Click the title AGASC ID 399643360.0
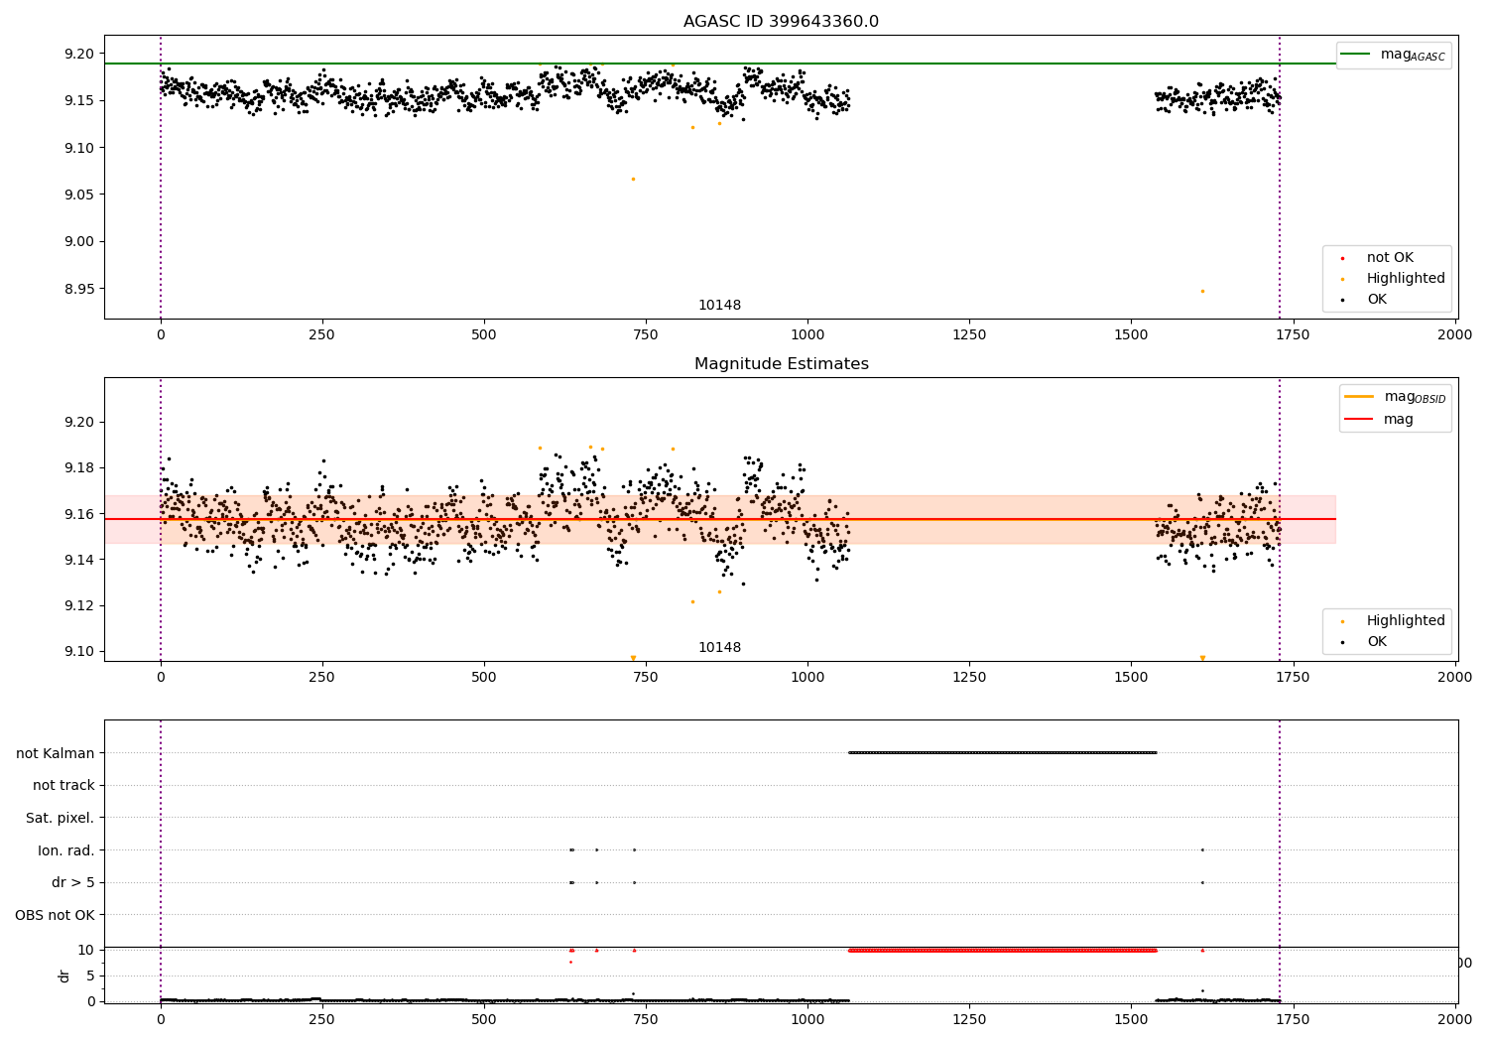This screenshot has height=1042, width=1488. [781, 22]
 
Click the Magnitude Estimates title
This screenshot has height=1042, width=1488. [781, 364]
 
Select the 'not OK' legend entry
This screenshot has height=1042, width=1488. [1389, 258]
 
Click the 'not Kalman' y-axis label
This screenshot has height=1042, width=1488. [55, 753]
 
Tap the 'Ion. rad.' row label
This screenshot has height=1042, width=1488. [65, 850]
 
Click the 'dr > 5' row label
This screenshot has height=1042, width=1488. [72, 882]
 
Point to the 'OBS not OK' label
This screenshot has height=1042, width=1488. [55, 915]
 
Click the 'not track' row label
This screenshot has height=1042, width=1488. [63, 785]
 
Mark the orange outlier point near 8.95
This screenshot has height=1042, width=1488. [1202, 291]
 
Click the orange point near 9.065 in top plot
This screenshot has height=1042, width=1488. [633, 179]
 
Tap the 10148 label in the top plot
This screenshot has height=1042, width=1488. [719, 306]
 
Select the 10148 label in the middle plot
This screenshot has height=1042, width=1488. [719, 648]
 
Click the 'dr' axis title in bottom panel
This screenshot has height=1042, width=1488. [64, 976]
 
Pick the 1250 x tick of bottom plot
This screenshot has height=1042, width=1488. [969, 1019]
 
